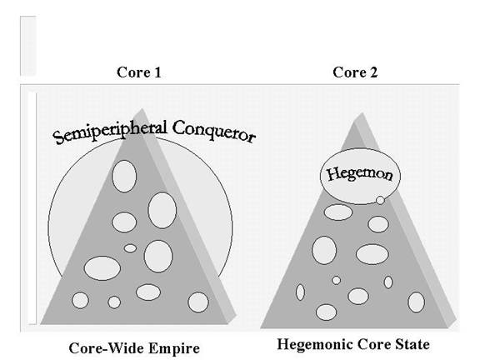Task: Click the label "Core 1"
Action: [138, 72]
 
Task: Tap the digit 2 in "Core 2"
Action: [373, 72]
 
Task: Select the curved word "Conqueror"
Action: [213, 132]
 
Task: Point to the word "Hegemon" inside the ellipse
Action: [360, 174]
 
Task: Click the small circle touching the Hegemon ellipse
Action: [380, 200]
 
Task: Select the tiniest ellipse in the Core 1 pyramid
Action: [130, 248]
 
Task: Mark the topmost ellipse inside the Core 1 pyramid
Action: [124, 177]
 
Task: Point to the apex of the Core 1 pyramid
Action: [142, 108]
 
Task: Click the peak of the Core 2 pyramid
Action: [362, 112]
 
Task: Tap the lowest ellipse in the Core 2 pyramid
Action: [326, 312]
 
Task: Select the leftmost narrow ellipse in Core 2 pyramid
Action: [300, 292]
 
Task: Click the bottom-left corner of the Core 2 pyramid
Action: [261, 328]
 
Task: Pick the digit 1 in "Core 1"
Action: [157, 72]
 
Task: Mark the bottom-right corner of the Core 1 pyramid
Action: [236, 316]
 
